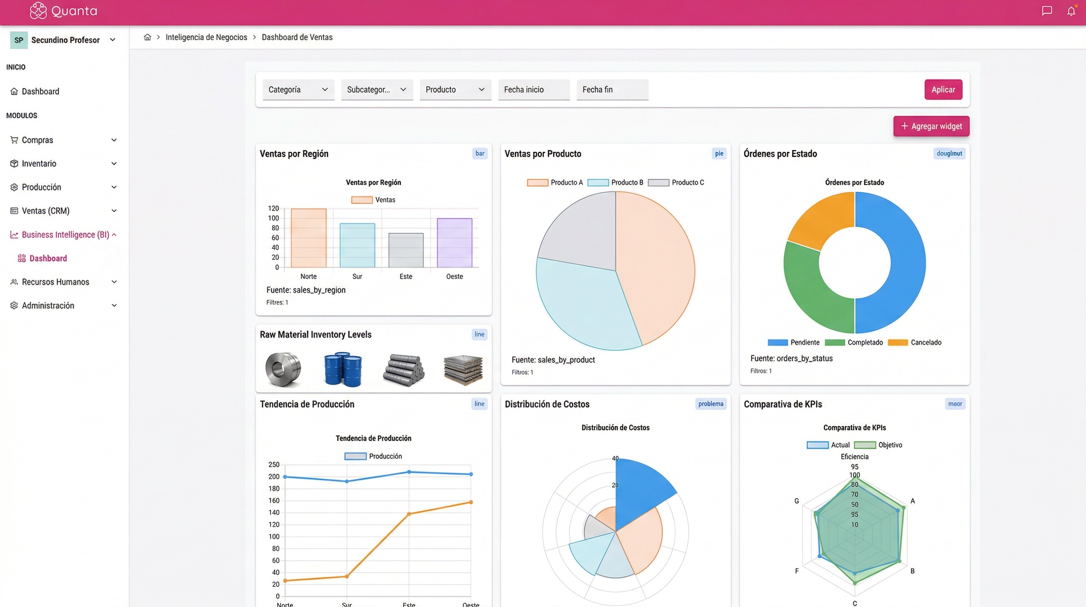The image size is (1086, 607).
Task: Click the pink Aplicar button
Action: pyautogui.click(x=943, y=89)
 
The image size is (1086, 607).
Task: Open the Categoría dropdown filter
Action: pyautogui.click(x=298, y=89)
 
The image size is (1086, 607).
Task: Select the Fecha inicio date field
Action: pyautogui.click(x=533, y=89)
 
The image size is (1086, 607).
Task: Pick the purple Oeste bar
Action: pyautogui.click(x=454, y=243)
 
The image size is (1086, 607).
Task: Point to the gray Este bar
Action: pyautogui.click(x=406, y=250)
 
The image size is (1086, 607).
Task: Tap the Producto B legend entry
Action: pyautogui.click(x=616, y=182)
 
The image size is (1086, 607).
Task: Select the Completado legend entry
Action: pyautogui.click(x=854, y=342)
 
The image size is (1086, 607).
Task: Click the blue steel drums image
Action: pyautogui.click(x=343, y=369)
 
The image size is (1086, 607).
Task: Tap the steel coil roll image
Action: pyautogui.click(x=283, y=369)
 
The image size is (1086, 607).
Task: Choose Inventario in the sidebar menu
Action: pyautogui.click(x=39, y=163)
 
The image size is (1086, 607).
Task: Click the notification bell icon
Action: pyautogui.click(x=1071, y=11)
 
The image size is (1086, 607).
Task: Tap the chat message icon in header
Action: pyautogui.click(x=1047, y=11)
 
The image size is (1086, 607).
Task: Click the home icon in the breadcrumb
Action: pyautogui.click(x=147, y=37)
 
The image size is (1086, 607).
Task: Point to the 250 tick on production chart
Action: pyautogui.click(x=273, y=464)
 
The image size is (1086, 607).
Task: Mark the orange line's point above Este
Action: pyautogui.click(x=408, y=514)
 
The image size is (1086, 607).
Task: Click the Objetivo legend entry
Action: pyautogui.click(x=878, y=445)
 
